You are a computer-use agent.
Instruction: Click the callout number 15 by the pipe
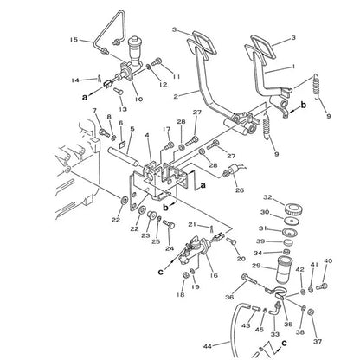coord(74,39)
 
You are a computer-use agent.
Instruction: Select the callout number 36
coord(228,297)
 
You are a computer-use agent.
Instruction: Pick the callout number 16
coord(212,276)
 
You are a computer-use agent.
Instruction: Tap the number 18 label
coord(179,296)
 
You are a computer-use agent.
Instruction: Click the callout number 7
coord(95,110)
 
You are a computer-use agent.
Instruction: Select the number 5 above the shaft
coord(132,129)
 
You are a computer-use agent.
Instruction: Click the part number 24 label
coord(170,249)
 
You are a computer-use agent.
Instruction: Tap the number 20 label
coord(241,259)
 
